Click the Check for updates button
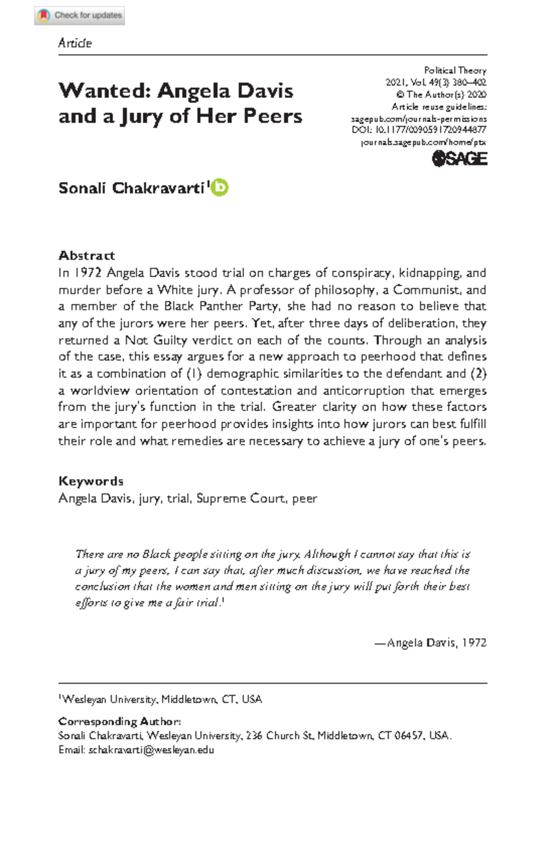pos(79,16)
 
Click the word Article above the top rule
pos(75,43)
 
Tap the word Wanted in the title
pos(102,90)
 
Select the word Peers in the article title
pos(273,116)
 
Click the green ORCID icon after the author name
pos(220,187)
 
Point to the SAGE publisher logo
pos(459,159)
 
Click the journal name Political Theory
pos(455,71)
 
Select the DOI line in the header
pos(419,130)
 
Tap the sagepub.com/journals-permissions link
pos(419,119)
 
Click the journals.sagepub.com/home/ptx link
pos(423,142)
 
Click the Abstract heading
pos(87,255)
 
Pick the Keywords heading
pos(91,481)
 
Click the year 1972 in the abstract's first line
pos(88,273)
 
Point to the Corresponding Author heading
pos(120,721)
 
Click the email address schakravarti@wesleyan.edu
pos(151,750)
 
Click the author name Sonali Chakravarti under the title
pos(131,188)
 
